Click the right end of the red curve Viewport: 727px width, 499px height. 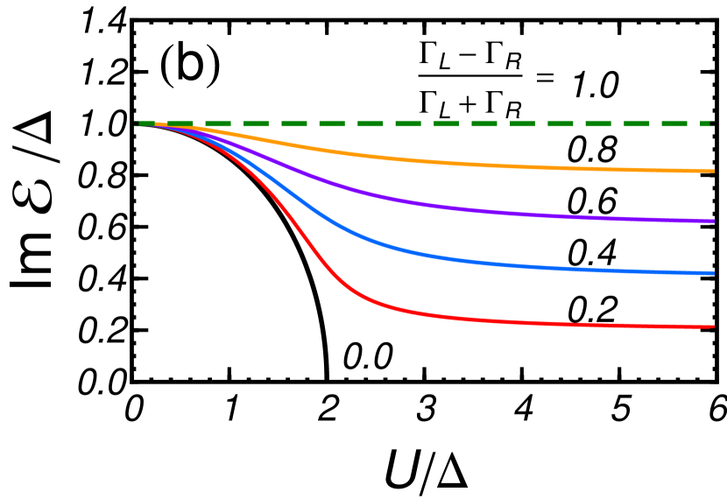coord(712,327)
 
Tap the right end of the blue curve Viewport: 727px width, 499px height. coord(712,273)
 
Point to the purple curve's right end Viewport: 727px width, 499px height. coord(712,221)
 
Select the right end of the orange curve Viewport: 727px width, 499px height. coord(712,171)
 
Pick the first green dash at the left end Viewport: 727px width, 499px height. coord(146,123)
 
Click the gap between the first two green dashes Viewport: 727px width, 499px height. coord(161,123)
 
